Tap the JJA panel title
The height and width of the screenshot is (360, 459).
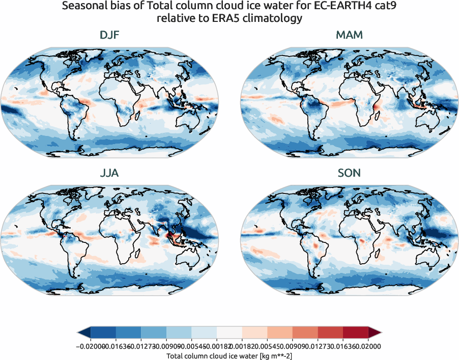pos(109,173)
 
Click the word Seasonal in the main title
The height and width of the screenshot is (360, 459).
pos(81,7)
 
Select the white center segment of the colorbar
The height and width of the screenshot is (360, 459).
pos(229,333)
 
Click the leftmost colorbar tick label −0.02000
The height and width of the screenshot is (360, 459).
pos(90,346)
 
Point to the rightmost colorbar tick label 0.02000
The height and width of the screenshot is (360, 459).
pos(368,346)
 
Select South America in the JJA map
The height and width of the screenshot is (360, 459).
pos(74,250)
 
